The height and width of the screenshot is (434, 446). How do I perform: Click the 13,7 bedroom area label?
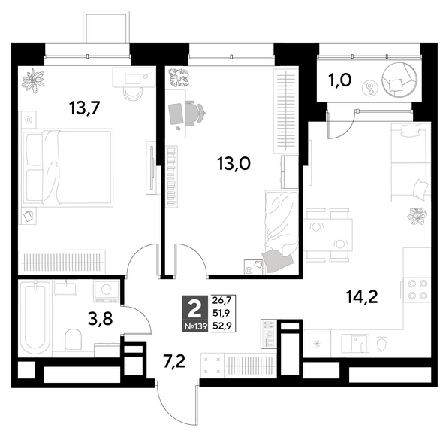tap(84, 108)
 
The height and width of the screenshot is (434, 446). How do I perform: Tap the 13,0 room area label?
tap(234, 164)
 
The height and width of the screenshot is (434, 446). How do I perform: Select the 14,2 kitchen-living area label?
tap(362, 297)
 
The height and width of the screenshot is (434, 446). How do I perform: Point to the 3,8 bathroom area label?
tap(101, 319)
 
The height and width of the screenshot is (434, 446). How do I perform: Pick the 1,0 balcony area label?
tap(339, 80)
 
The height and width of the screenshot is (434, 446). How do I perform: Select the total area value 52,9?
tap(221, 326)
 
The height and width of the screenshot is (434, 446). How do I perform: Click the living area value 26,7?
tap(221, 300)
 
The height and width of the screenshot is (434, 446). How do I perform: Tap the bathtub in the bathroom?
tap(35, 317)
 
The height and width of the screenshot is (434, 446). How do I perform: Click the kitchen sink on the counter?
tap(354, 343)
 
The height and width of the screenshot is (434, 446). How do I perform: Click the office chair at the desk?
tap(195, 113)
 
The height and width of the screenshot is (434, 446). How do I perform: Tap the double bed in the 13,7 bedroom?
tap(68, 168)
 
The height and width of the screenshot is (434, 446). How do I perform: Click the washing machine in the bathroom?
tap(106, 290)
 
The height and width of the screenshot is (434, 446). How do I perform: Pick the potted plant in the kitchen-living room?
tap(417, 217)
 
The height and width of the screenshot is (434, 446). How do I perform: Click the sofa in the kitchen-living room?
tap(411, 162)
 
